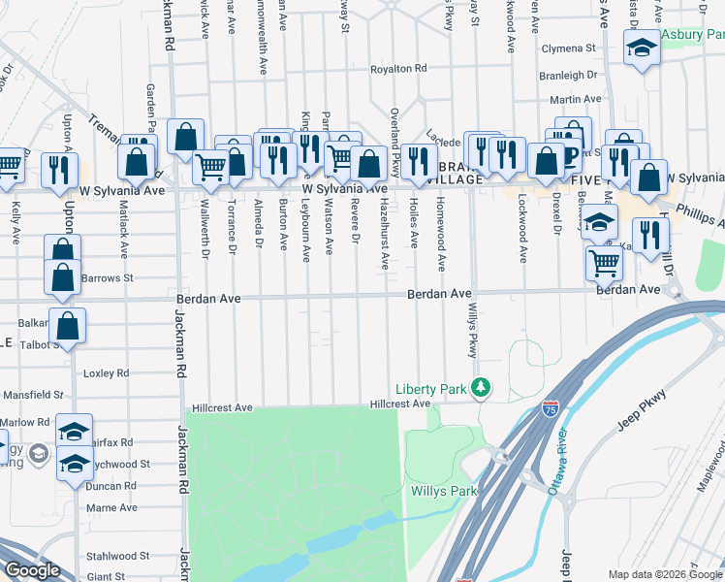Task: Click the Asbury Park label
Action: (x=692, y=34)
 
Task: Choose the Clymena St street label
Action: (x=568, y=48)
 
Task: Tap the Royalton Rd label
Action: (x=398, y=69)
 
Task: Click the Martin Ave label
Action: (x=570, y=99)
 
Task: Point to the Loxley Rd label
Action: (x=107, y=372)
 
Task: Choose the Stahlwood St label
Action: (x=117, y=557)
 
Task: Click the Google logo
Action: (x=32, y=570)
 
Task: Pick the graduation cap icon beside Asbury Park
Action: (x=641, y=49)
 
